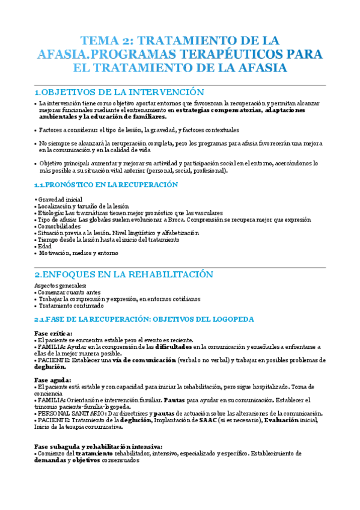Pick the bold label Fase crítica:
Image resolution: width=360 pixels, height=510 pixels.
pos(53,333)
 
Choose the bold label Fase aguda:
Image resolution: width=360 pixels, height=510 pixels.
pos(52,380)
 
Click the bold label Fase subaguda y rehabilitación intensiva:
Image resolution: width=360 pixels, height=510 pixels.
pos(98,446)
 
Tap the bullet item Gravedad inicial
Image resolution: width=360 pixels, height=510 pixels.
pos(61,199)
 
